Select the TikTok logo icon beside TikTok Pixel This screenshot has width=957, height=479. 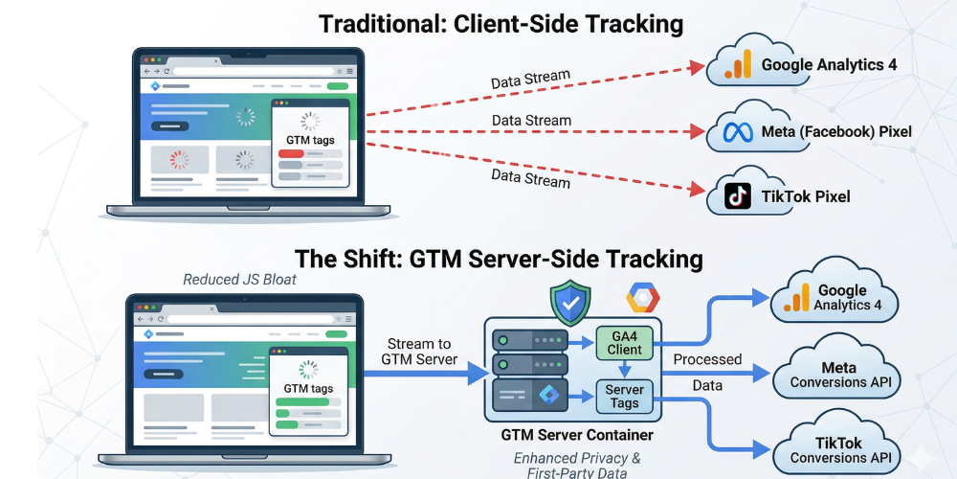pos(737,196)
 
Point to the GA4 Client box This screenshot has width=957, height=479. pos(625,342)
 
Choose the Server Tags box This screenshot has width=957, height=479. pos(625,396)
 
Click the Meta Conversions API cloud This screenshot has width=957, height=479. pos(837,375)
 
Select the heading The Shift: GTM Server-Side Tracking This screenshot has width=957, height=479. pos(499,259)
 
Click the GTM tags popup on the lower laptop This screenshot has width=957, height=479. pos(309,388)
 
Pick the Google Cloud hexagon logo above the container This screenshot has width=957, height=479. pos(643,298)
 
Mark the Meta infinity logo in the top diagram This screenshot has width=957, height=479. pos(739,130)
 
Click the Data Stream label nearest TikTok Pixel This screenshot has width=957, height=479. pos(530,178)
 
